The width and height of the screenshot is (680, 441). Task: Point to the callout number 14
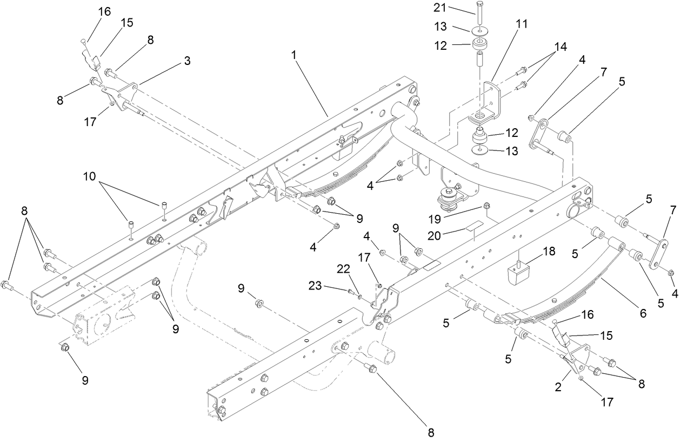(x=560, y=47)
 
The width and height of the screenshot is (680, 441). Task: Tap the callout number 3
(x=186, y=61)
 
